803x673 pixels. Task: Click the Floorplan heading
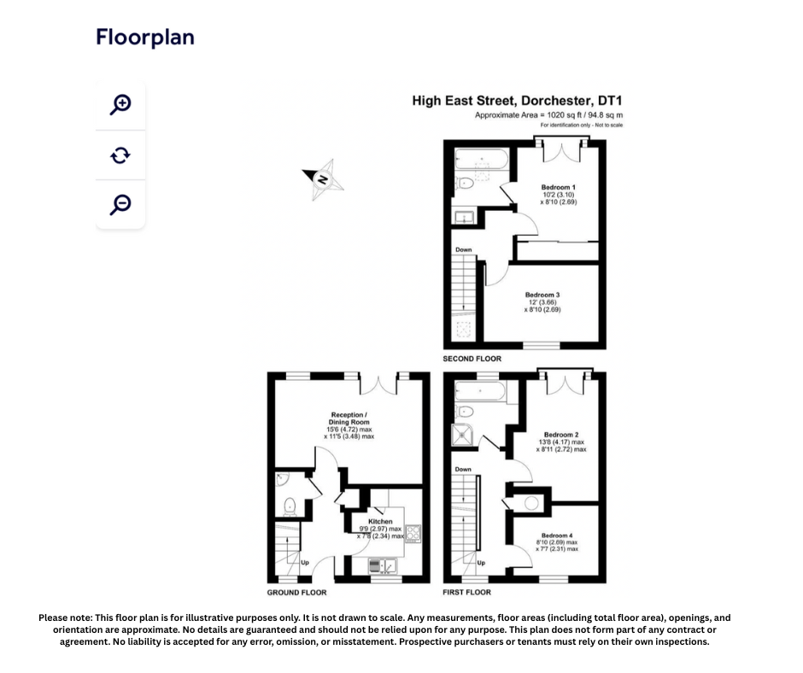click(145, 37)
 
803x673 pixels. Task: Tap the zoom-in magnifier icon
click(120, 105)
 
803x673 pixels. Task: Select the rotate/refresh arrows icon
click(120, 155)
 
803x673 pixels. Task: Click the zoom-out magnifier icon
click(120, 204)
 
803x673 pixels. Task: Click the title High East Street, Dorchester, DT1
click(518, 101)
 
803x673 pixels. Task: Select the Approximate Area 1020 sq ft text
click(548, 114)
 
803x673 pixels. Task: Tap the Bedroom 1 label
click(558, 187)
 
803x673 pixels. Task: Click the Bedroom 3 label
click(542, 295)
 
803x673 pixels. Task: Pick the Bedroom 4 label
click(557, 535)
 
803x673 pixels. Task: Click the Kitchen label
click(380, 521)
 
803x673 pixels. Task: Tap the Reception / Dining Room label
click(349, 418)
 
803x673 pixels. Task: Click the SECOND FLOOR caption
click(472, 359)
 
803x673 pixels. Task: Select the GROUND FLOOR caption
click(296, 592)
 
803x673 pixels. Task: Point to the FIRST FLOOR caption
click(466, 592)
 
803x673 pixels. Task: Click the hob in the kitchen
click(413, 534)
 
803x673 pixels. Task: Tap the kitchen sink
click(381, 565)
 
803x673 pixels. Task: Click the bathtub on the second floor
click(481, 161)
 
